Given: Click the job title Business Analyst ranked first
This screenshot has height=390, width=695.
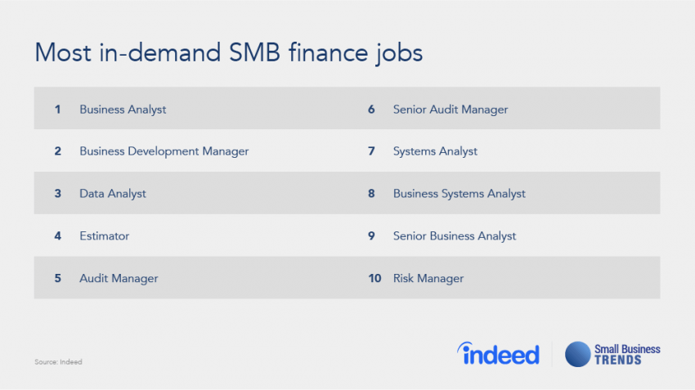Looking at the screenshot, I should (123, 109).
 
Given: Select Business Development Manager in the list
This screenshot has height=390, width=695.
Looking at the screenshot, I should (164, 151).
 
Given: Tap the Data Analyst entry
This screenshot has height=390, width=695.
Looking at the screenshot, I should (113, 194).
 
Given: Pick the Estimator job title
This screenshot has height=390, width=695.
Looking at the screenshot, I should (104, 236).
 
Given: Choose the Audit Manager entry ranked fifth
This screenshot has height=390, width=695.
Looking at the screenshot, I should (119, 279).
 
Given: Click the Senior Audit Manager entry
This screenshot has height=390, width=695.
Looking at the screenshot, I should (450, 109).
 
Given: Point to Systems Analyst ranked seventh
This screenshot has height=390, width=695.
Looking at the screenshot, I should (435, 151).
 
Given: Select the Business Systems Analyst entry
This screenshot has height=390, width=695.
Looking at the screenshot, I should (459, 194).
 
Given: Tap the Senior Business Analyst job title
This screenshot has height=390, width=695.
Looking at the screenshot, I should (455, 236).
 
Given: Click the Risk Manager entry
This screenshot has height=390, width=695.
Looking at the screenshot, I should (428, 279).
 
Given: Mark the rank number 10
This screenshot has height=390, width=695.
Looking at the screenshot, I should (374, 279).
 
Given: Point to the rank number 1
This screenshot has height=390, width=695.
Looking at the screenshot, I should (58, 109).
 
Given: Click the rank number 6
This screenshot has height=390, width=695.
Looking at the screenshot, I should (371, 109).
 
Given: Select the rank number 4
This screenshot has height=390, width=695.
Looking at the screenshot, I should (58, 236).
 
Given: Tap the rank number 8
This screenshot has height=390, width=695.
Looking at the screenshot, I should (371, 194).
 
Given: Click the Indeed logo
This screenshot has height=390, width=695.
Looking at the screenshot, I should (498, 353).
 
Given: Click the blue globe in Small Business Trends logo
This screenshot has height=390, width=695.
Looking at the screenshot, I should (578, 354).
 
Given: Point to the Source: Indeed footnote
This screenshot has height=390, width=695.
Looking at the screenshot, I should (58, 361).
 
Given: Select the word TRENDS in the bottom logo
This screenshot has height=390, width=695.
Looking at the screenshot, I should (618, 360).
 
